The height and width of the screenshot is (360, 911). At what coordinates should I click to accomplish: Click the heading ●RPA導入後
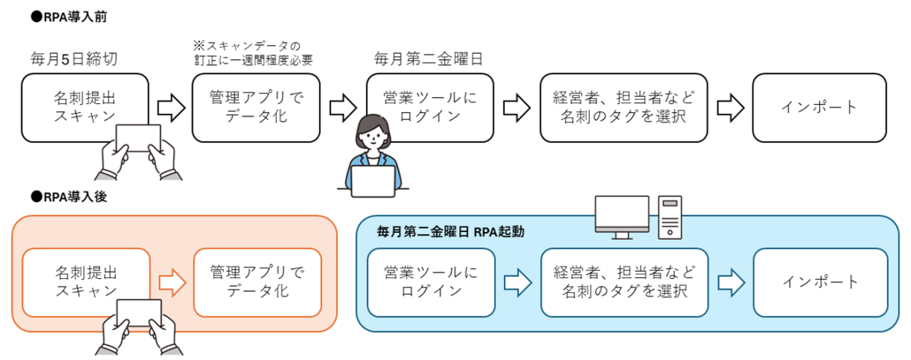pyautogui.click(x=69, y=197)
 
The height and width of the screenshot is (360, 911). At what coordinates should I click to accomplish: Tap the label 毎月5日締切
pyautogui.click(x=74, y=58)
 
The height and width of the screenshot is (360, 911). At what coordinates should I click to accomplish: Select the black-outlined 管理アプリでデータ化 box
pyautogui.click(x=256, y=107)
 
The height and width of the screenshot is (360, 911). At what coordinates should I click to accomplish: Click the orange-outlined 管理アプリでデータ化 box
pyautogui.click(x=257, y=282)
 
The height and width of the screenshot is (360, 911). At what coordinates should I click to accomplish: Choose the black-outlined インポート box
pyautogui.click(x=820, y=107)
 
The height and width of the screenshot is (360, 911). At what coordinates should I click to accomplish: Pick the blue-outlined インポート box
pyautogui.click(x=821, y=282)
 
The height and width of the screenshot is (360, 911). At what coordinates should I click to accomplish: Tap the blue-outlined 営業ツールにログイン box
pyautogui.click(x=430, y=282)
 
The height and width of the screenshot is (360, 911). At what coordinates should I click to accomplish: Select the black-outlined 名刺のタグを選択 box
pyautogui.click(x=623, y=107)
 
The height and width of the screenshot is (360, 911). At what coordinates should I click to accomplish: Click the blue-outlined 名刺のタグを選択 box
pyautogui.click(x=624, y=282)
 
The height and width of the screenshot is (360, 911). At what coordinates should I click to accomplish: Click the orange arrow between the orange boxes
pyautogui.click(x=172, y=282)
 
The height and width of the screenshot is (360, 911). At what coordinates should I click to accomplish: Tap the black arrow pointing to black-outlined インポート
pyautogui.click(x=730, y=107)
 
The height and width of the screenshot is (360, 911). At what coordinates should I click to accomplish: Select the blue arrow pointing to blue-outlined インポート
pyautogui.click(x=731, y=282)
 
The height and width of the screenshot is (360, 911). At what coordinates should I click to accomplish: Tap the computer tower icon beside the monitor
pyautogui.click(x=670, y=216)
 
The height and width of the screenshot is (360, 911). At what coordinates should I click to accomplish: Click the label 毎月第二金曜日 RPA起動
pyautogui.click(x=451, y=232)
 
